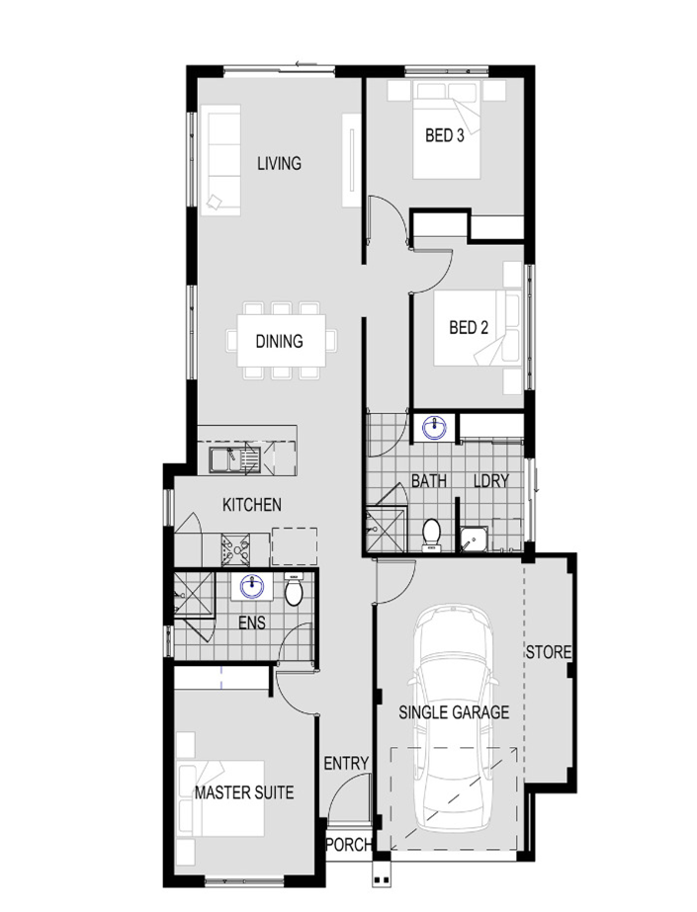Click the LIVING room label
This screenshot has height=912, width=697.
click(x=279, y=163)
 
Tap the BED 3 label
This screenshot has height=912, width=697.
click(x=445, y=135)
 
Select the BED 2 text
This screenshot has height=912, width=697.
click(x=469, y=327)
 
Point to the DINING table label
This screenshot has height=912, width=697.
click(x=279, y=341)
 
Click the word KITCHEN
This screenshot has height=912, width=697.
click(x=252, y=504)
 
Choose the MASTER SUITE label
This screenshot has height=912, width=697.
click(x=244, y=792)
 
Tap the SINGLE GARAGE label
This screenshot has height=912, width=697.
click(x=454, y=712)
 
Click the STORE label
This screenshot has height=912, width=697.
click(x=549, y=652)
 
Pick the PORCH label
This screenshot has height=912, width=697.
click(x=348, y=844)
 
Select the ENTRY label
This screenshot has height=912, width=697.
click(x=347, y=763)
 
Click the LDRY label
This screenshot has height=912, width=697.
click(x=491, y=481)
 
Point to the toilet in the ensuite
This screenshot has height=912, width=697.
click(x=294, y=589)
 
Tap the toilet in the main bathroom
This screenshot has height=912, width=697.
click(x=431, y=534)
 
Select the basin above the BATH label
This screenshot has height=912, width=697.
click(x=434, y=428)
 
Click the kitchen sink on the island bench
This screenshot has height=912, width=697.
click(x=235, y=459)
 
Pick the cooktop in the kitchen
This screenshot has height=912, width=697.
click(x=235, y=549)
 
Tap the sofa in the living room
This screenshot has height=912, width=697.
click(x=220, y=160)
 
